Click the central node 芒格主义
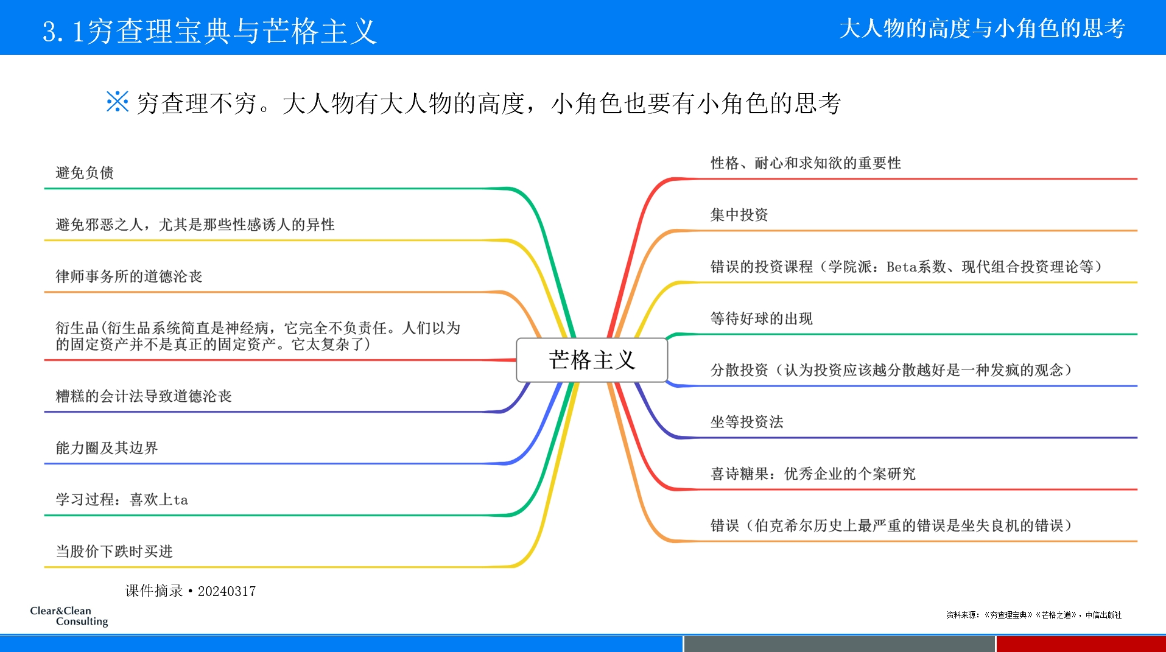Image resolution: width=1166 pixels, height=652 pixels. pyautogui.click(x=591, y=360)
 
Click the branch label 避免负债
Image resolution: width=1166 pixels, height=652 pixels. pyautogui.click(x=85, y=173)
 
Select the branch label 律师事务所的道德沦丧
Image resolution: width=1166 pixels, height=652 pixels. pyautogui.click(x=128, y=276)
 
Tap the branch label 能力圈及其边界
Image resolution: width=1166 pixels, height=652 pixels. pyautogui.click(x=107, y=448)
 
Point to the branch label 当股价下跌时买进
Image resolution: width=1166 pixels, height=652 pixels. pyautogui.click(x=114, y=552)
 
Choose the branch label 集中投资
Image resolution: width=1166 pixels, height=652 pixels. pyautogui.click(x=739, y=215)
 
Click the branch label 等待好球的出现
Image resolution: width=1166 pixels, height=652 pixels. pyautogui.click(x=761, y=318)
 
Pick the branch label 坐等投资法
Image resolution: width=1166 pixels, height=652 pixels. pyautogui.click(x=746, y=422)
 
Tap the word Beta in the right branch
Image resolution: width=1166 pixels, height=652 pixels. pyautogui.click(x=901, y=267)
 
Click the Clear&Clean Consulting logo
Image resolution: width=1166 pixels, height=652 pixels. pyautogui.click(x=69, y=615)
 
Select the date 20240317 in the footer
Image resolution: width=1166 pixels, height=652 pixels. pyautogui.click(x=227, y=591)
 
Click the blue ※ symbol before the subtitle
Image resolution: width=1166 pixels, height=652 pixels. pyautogui.click(x=117, y=102)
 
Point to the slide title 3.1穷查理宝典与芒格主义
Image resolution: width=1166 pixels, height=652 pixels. pyautogui.click(x=209, y=30)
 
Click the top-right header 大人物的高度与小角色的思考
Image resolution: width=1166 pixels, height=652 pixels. pyautogui.click(x=982, y=29)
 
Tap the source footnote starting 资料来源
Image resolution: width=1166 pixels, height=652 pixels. pyautogui.click(x=1033, y=615)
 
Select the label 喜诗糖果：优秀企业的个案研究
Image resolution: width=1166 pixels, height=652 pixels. pyautogui.click(x=813, y=474)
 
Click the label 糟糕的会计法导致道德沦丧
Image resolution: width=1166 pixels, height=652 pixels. pyautogui.click(x=144, y=396)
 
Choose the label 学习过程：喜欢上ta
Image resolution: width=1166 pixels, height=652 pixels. pyautogui.click(x=122, y=500)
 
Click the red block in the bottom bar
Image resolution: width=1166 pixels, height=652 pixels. pyautogui.click(x=1081, y=643)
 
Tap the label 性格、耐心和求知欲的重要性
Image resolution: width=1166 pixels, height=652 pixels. pyautogui.click(x=806, y=163)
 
